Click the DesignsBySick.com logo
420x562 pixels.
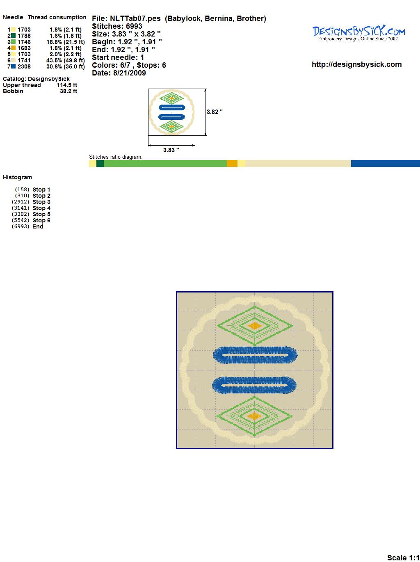[358, 33]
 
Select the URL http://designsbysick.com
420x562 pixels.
[356, 64]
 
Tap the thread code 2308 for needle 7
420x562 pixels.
[24, 66]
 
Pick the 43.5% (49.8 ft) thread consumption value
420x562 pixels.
[66, 60]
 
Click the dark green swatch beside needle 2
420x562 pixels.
[13, 36]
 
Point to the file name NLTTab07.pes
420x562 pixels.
[135, 18]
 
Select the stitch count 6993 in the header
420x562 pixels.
[134, 26]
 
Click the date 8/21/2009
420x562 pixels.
[129, 73]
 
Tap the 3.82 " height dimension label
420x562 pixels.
[215, 112]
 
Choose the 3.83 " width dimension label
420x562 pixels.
[171, 150]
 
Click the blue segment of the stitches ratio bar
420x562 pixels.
[386, 163]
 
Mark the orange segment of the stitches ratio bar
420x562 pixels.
[232, 163]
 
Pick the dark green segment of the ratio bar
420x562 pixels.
[100, 163]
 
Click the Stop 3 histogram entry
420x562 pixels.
[41, 202]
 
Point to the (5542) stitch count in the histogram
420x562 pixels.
[21, 220]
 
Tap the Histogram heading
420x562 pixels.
[17, 178]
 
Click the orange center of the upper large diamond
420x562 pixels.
[254, 326]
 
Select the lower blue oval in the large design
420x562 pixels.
[254, 385]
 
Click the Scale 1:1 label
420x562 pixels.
[403, 556]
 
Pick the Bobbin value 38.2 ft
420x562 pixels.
[68, 91]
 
